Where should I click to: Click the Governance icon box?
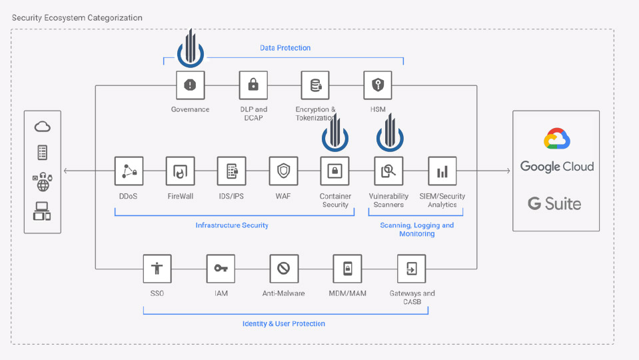point(191,85)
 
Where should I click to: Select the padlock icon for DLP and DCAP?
point(253,85)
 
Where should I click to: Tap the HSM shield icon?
point(378,85)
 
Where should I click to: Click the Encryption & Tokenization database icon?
point(315,85)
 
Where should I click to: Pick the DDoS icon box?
point(129,171)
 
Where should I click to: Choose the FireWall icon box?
point(180,171)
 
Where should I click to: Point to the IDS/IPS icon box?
point(232,171)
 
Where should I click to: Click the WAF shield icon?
point(283,171)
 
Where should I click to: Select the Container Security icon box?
point(334,171)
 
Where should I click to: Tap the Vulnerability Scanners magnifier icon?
point(388,171)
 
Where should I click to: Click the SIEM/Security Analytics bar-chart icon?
point(442,171)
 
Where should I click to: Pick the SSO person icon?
point(157,269)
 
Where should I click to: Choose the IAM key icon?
point(221,269)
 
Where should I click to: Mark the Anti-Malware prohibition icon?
point(284,269)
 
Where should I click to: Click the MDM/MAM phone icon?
point(347,269)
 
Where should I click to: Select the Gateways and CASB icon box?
point(412,269)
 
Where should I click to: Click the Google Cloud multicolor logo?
point(556,139)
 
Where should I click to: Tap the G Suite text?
point(554,203)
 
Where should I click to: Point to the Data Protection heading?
point(285,48)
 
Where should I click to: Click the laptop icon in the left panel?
point(42,211)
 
